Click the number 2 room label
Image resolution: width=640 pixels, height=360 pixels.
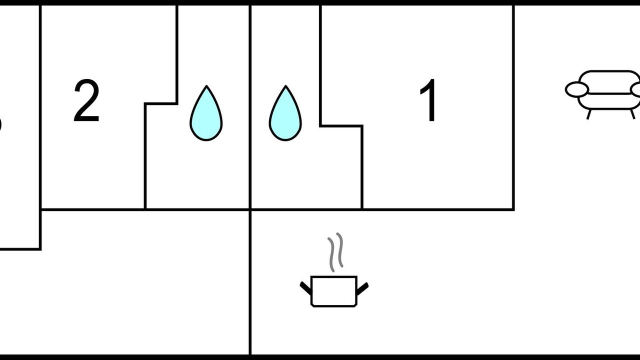tap(86, 101)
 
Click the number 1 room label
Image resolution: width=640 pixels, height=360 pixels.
tap(429, 101)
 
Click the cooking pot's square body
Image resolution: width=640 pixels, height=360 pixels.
tap(333, 291)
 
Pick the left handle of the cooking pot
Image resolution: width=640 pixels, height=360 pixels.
tap(305, 287)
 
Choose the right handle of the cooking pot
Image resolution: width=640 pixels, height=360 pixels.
tap(362, 287)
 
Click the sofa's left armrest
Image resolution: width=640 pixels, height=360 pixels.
tap(576, 89)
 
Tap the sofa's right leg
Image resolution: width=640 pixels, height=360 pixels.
tap(632, 114)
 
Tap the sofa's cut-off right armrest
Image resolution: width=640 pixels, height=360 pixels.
tap(636, 89)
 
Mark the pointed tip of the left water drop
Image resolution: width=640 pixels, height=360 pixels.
tap(206, 87)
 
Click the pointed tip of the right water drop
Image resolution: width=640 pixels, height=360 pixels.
tap(285, 87)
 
